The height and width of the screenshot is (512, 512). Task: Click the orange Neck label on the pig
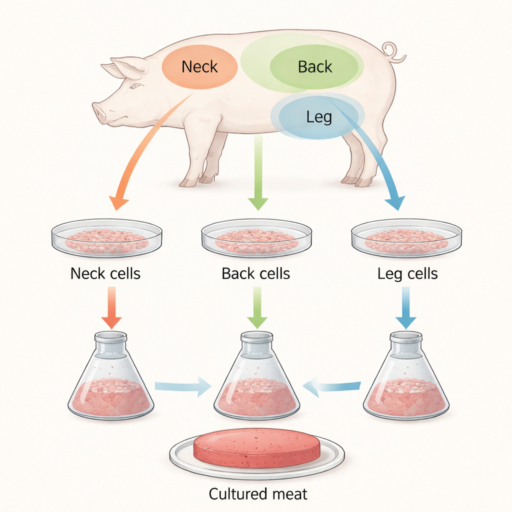(199, 66)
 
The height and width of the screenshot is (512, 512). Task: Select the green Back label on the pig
(314, 66)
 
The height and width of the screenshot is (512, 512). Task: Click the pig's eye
(134, 86)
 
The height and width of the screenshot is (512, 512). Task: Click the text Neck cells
(105, 273)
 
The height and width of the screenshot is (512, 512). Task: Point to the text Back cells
(255, 273)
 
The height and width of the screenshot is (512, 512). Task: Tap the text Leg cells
(407, 273)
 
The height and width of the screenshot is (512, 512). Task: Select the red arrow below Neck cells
(111, 307)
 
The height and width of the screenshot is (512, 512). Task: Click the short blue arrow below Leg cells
(405, 307)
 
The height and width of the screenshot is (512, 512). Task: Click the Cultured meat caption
(257, 494)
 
